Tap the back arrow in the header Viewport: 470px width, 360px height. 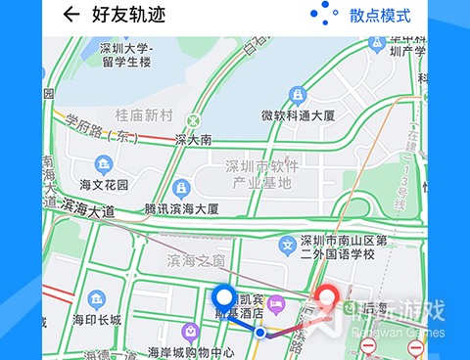[x=70, y=15]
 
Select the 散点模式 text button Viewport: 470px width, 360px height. [x=380, y=15]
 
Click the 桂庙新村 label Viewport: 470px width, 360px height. [x=144, y=115]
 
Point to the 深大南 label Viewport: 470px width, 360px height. [x=193, y=140]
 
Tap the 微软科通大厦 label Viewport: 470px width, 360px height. [x=299, y=115]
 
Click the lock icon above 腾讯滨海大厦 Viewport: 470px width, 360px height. [x=180, y=188]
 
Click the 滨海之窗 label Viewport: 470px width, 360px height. [x=196, y=260]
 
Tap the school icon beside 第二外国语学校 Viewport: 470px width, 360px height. [x=288, y=244]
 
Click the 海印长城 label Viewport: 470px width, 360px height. [x=97, y=320]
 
